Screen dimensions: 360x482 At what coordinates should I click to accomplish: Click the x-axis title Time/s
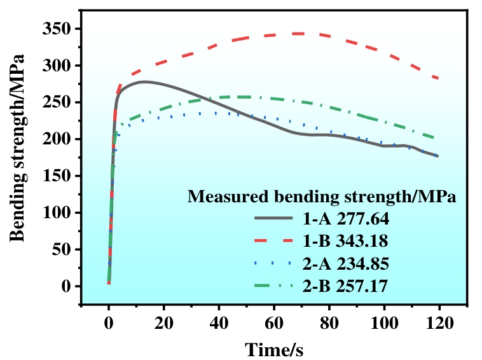274,349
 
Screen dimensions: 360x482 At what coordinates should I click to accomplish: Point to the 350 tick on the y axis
59,29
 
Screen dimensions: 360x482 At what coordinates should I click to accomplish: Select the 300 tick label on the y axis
59,66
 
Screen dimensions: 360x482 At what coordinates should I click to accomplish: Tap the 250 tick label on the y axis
59,102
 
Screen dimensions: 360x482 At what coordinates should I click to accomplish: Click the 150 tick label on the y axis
59,176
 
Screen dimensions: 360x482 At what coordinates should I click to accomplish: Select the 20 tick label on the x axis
164,322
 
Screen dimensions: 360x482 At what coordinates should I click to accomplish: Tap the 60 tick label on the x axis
274,322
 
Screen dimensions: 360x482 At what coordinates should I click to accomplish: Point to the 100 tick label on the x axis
384,322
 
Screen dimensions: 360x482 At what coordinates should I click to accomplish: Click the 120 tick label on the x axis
439,322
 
